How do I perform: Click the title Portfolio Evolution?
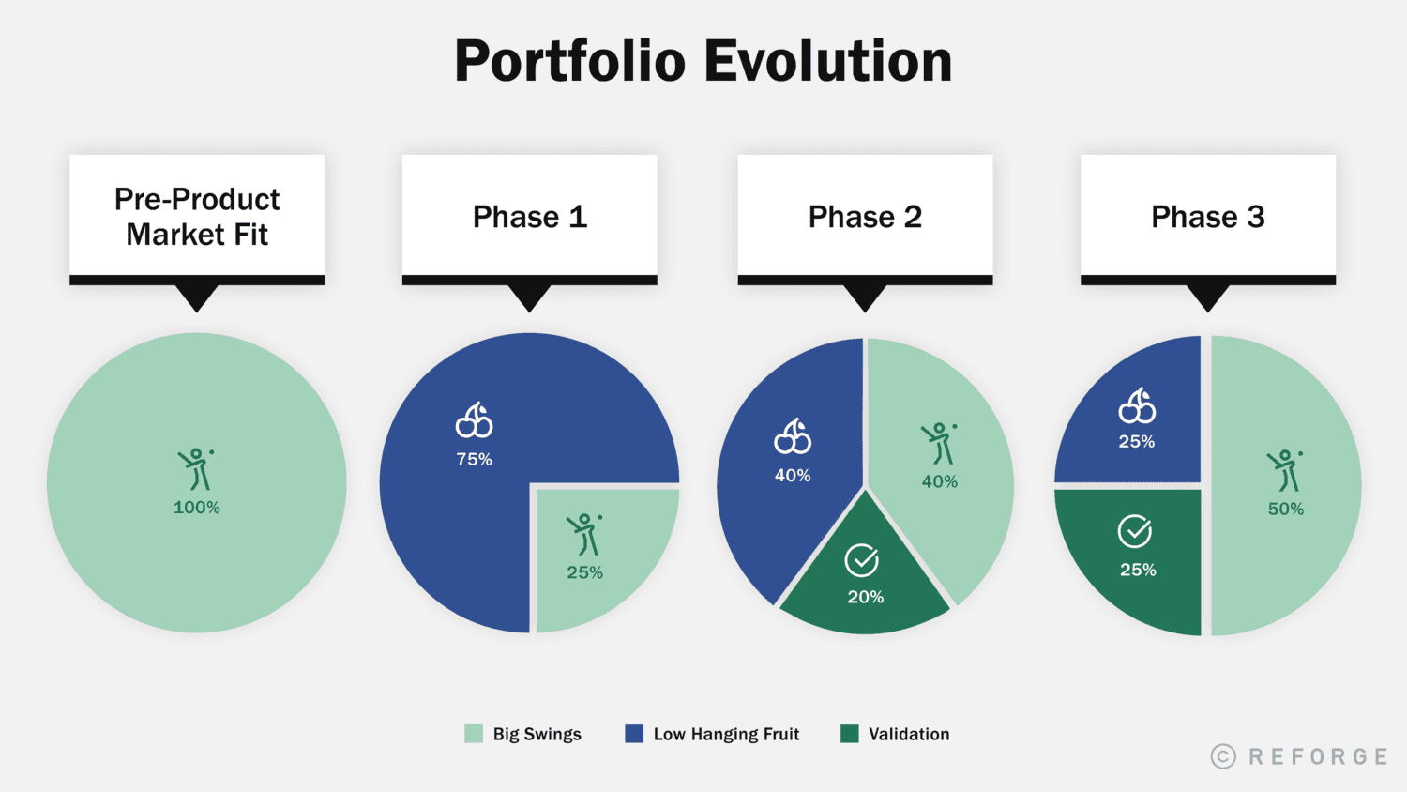[703, 62]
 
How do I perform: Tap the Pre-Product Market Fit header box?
[197, 217]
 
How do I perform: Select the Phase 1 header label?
[529, 217]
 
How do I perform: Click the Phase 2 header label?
[865, 217]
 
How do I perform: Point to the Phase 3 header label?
[1207, 217]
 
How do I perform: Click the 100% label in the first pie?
[197, 508]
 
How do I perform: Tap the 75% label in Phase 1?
[474, 459]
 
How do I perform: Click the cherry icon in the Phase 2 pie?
[793, 436]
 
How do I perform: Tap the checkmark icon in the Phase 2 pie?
[861, 560]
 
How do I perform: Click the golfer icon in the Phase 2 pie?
[939, 444]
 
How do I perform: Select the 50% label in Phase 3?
[1285, 509]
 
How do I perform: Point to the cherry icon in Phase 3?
[1137, 406]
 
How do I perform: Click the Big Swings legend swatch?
[474, 734]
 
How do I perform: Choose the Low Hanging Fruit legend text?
[726, 734]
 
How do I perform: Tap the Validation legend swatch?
[850, 734]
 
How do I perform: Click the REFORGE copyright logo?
[1299, 756]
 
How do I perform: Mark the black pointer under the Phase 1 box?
[529, 297]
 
